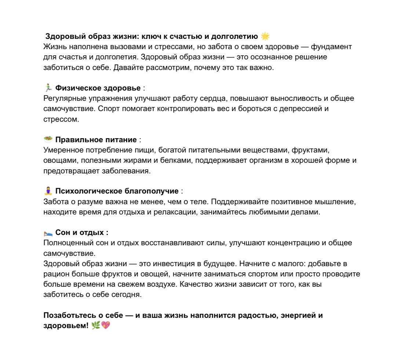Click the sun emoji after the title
[265, 36]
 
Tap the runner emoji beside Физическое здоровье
[48, 88]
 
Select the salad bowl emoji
[48, 140]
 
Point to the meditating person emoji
[48, 191]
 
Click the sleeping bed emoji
[48, 233]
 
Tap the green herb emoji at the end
[96, 326]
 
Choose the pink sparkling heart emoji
[106, 326]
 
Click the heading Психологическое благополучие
[117, 191]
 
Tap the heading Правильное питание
[96, 140]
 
